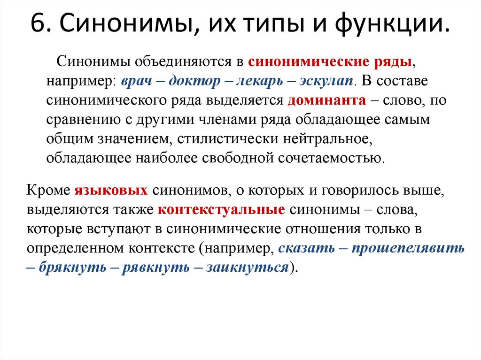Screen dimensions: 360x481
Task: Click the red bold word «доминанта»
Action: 326,100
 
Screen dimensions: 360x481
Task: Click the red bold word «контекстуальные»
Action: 221,210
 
